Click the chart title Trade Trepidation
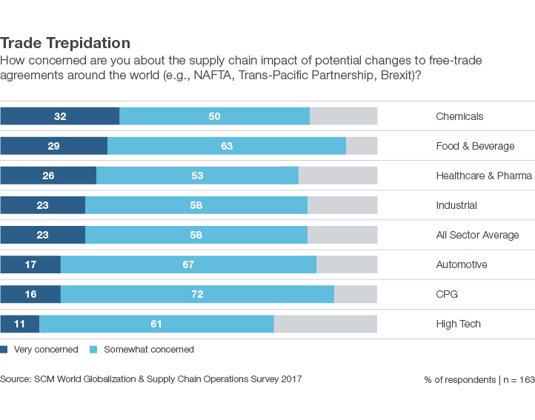65,43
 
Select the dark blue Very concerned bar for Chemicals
59,116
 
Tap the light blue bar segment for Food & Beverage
227,146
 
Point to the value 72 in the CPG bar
197,294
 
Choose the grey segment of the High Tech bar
325,324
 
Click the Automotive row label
461,264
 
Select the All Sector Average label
477,235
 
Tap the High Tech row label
458,324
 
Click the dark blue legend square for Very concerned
4,350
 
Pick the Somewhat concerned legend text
148,350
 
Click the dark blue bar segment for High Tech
19,324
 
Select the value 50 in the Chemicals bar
214,116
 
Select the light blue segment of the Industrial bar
196,205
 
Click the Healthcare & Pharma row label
484,176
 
